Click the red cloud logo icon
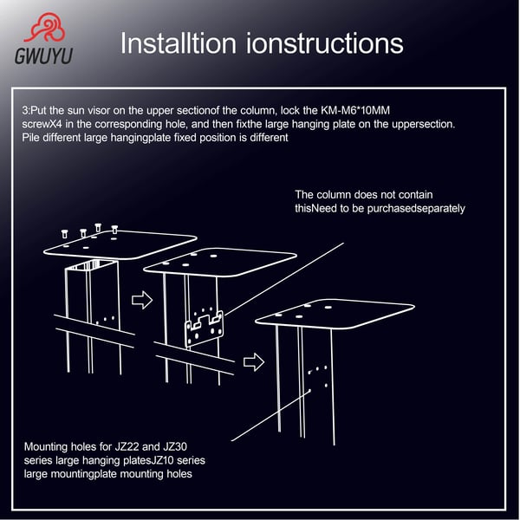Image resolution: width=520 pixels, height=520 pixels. [45, 28]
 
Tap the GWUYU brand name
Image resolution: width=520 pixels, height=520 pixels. [43, 55]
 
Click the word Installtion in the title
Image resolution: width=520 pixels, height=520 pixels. [178, 43]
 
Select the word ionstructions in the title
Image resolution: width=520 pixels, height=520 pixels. [325, 43]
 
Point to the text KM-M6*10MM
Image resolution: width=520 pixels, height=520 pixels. [355, 110]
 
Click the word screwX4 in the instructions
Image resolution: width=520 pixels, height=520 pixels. [42, 124]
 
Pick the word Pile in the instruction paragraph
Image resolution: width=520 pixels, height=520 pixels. [30, 137]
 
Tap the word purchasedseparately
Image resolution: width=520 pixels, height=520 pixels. [416, 209]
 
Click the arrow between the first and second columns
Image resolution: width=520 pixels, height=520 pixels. [142, 301]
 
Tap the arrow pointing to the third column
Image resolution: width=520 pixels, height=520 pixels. [254, 361]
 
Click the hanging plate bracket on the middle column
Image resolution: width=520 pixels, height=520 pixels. [205, 329]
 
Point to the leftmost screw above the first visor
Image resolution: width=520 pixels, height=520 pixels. [64, 233]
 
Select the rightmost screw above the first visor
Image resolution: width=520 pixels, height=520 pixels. [114, 230]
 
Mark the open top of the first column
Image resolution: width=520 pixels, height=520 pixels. [92, 266]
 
